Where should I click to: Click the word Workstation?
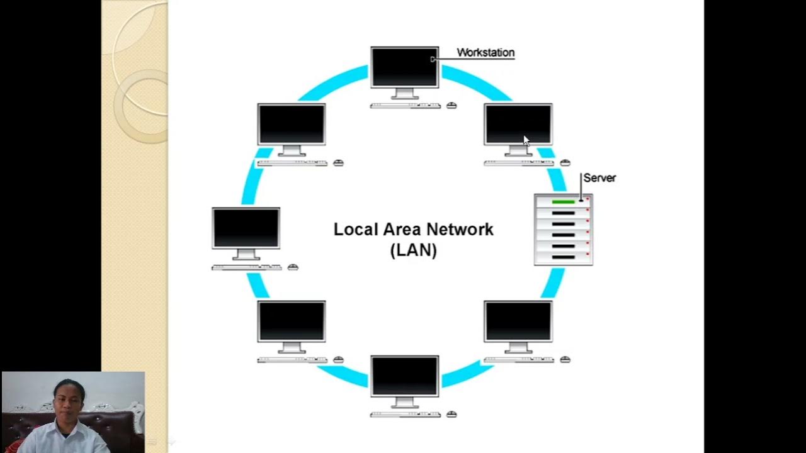point(485,53)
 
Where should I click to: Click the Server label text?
point(599,178)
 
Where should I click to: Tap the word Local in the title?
point(354,230)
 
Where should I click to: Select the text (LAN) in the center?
point(413,250)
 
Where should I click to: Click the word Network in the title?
point(462,230)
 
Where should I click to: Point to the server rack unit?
point(564,230)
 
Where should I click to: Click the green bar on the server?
point(564,202)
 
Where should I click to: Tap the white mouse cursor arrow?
point(526,141)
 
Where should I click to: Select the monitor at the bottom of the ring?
point(404,376)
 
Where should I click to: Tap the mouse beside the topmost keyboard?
point(451,106)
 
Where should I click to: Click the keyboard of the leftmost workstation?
point(247,267)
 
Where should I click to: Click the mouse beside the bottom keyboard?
point(451,415)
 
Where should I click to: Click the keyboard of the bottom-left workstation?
point(292,360)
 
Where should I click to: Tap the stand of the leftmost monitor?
point(246,255)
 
